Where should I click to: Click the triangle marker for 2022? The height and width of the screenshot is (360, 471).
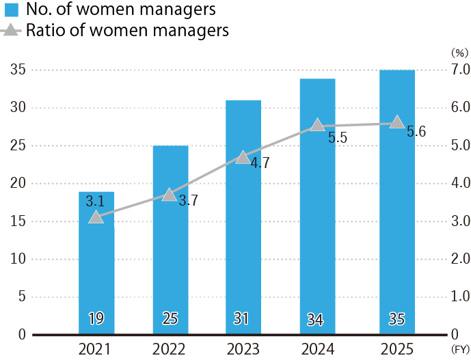click(x=169, y=195)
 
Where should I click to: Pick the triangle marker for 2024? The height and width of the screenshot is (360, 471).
click(x=317, y=125)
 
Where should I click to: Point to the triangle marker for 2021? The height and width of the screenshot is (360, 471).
click(x=96, y=217)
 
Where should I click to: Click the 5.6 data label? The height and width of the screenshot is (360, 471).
click(x=416, y=133)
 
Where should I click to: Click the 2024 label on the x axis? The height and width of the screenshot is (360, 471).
click(x=317, y=349)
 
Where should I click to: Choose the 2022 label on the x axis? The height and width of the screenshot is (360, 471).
click(x=170, y=349)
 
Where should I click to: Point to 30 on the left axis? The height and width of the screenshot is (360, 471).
click(x=18, y=108)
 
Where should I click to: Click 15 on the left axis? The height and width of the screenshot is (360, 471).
click(x=18, y=221)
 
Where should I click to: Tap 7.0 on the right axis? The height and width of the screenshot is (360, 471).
click(x=457, y=70)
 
